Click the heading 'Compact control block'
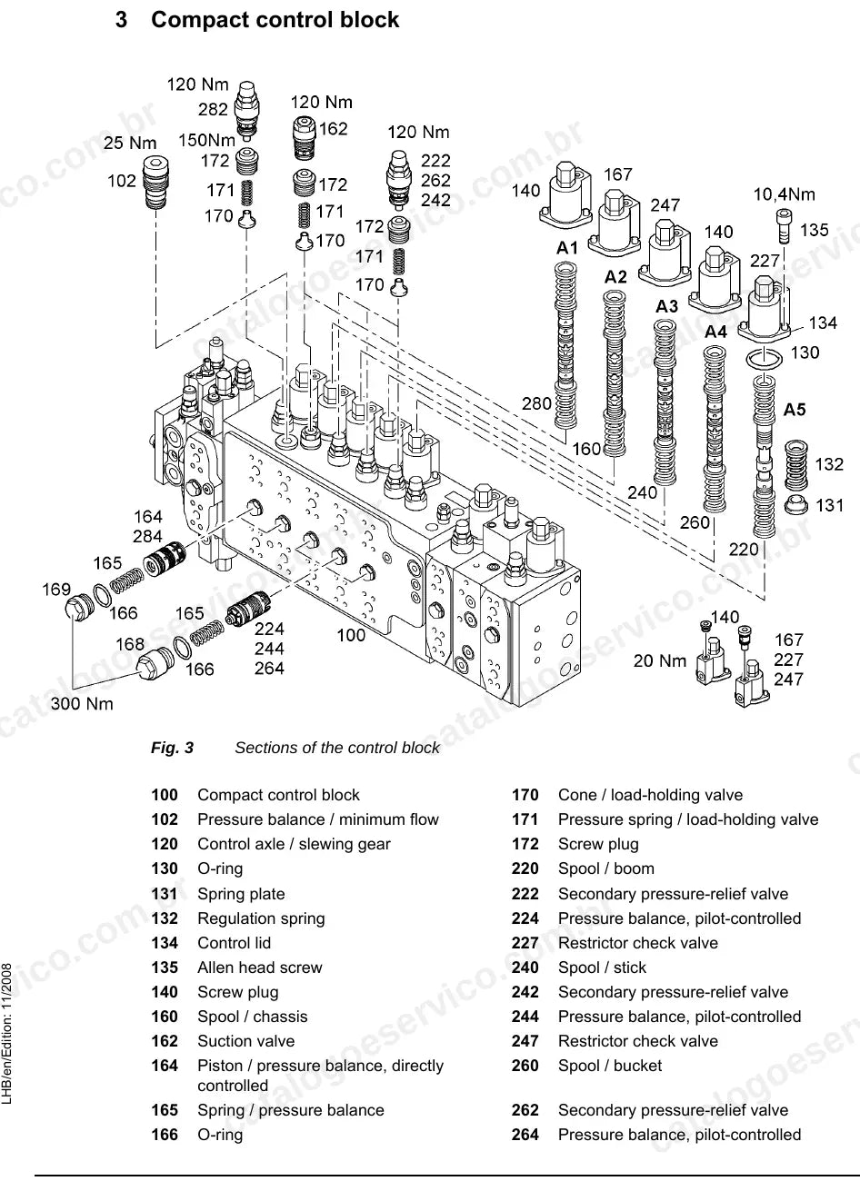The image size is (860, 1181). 275,20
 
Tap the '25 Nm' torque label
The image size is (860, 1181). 130,143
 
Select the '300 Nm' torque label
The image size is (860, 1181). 82,703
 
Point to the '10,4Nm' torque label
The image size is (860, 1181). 784,194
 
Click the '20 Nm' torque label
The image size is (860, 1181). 659,660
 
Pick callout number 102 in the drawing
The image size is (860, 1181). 122,181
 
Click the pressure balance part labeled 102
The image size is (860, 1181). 156,183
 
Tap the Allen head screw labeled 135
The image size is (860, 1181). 784,225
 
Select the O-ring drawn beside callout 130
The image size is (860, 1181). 764,359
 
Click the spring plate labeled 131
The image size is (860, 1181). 795,505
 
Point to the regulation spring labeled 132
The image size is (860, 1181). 795,465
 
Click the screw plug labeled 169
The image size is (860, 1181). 80,609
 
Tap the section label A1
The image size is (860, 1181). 567,247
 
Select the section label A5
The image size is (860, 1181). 795,410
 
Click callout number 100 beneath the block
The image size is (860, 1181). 351,635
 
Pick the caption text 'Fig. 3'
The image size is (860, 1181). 172,748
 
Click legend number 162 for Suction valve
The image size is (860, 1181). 165,1041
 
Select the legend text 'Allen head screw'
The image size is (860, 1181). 260,968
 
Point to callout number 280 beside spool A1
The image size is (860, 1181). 536,404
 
